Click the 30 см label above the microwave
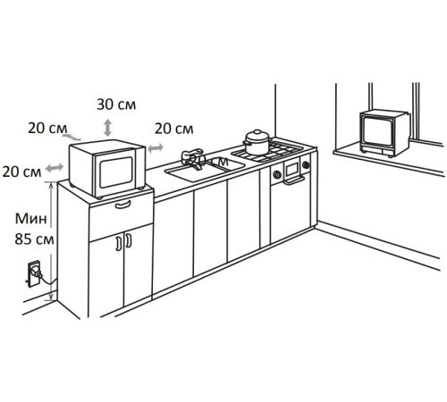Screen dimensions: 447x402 pos(116,105)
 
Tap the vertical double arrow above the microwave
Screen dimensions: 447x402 pos(107,128)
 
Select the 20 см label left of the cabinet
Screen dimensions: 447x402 pos(21,172)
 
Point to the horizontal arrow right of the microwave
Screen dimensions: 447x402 pos(156,147)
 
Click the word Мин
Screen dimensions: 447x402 pos(31,219)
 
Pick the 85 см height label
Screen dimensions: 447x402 pos(34,239)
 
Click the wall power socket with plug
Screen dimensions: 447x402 pos(34,273)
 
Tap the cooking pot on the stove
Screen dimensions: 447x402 pos(257,142)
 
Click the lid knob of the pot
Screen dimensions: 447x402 pos(257,131)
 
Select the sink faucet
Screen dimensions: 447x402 pos(192,159)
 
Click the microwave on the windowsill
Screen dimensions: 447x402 pos(384,133)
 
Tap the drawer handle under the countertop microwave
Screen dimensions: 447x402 pos(122,205)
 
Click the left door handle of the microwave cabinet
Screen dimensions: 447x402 pos(119,242)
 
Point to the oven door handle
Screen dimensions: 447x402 pos(294,180)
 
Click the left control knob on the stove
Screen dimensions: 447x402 pos(277,174)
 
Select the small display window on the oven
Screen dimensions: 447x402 pos(291,169)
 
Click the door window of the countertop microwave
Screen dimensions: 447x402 pos(116,172)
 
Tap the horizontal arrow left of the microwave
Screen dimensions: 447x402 pos(55,168)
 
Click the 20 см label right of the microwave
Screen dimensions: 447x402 pos(174,129)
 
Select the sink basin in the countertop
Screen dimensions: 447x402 pos(205,170)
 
